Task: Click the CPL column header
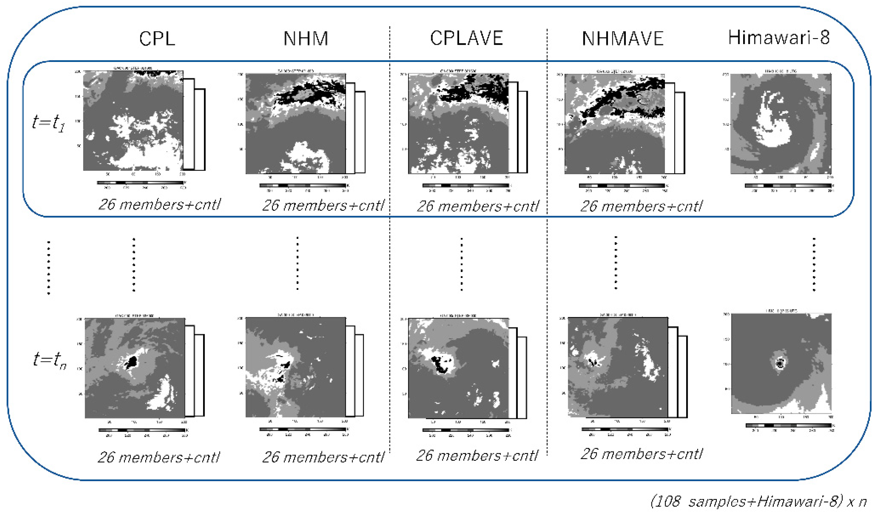click(157, 38)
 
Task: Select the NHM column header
click(306, 38)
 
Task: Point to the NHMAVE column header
click(623, 38)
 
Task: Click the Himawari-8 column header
click(779, 38)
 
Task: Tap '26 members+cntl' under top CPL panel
click(159, 204)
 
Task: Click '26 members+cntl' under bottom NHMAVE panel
click(641, 454)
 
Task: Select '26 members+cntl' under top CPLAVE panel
click(478, 206)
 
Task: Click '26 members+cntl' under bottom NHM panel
click(323, 457)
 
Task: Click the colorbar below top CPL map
click(140, 182)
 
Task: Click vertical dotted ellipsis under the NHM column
click(297, 263)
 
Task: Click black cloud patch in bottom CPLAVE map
click(440, 366)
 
